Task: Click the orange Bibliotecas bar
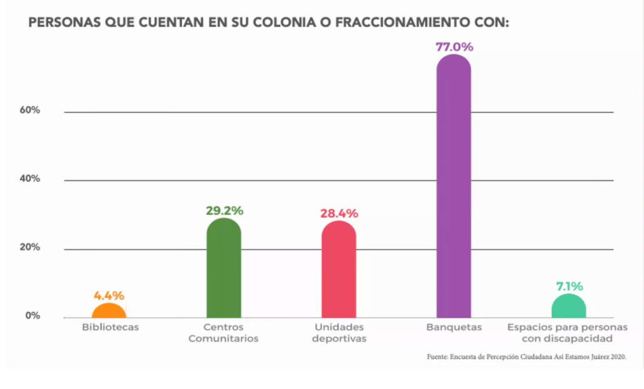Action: (109, 310)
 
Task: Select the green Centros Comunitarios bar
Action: (224, 269)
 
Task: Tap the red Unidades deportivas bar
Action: (338, 270)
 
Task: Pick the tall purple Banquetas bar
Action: (453, 188)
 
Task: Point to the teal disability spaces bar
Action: (569, 306)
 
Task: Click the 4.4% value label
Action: (109, 295)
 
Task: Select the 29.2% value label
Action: (224, 211)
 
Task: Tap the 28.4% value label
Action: (339, 213)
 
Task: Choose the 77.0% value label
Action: (455, 47)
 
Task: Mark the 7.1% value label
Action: (570, 286)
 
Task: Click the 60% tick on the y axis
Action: (29, 110)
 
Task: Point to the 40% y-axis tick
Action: (29, 179)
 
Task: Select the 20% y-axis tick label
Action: (29, 247)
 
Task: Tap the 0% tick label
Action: (33, 316)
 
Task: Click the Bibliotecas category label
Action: (110, 327)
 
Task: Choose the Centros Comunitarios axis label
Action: (223, 333)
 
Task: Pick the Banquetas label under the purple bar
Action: (453, 327)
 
